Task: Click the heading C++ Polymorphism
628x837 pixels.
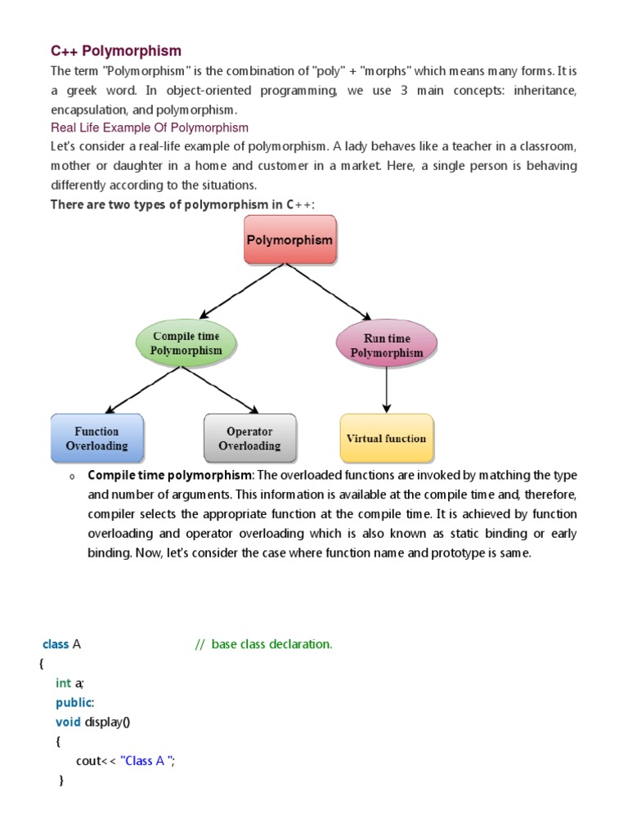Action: coord(116,51)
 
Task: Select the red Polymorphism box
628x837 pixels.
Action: coord(290,239)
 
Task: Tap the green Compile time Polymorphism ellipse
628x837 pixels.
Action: coord(186,343)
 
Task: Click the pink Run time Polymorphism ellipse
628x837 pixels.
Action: coord(387,346)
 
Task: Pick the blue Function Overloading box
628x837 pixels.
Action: coord(96,438)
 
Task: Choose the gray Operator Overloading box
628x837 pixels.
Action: coord(249,438)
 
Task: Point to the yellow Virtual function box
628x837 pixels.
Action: coord(386,438)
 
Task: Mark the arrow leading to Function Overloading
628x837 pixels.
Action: coord(146,389)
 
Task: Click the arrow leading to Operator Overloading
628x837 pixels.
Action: coord(219,389)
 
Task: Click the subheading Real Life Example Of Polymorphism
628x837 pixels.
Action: coord(150,128)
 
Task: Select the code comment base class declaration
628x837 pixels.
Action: coord(264,644)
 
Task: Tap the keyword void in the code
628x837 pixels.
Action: coord(68,722)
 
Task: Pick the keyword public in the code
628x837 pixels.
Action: coord(74,702)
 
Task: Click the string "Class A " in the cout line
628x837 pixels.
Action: coord(147,761)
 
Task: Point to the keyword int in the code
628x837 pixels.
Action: coord(64,683)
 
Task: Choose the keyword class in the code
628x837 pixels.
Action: coord(56,644)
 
